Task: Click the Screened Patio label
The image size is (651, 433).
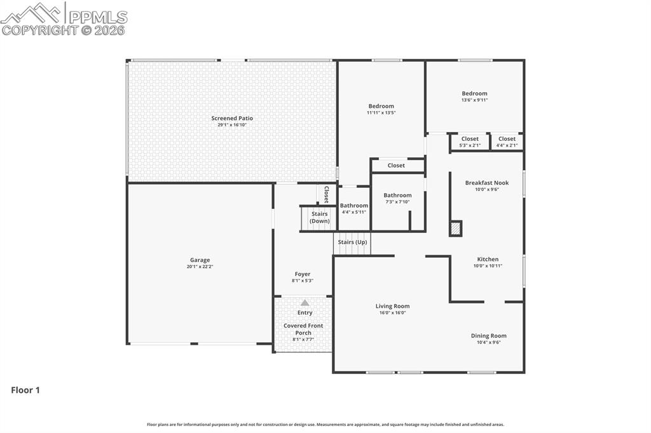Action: pos(232,118)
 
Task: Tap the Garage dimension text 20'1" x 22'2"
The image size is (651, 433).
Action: pos(200,267)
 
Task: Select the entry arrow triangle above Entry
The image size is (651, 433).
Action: pos(305,303)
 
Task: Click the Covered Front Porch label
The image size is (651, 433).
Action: pos(303,329)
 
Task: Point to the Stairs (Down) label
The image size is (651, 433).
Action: pos(319,218)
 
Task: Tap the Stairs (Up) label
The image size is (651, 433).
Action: pos(352,242)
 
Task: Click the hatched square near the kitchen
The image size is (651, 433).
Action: pos(455,229)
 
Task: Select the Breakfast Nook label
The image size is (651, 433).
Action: pos(486,183)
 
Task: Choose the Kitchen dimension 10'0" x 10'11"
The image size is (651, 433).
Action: pos(488,266)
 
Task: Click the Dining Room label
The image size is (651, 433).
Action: pos(488,336)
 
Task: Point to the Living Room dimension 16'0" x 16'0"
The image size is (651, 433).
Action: pos(392,312)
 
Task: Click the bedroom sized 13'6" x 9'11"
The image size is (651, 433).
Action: pos(474,97)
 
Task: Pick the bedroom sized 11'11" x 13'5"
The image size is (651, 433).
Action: pos(381,109)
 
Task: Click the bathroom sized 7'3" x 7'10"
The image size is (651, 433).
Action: pos(397,198)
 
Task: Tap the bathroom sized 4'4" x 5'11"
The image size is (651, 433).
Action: pos(353,208)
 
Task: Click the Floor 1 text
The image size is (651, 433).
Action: pos(25,390)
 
